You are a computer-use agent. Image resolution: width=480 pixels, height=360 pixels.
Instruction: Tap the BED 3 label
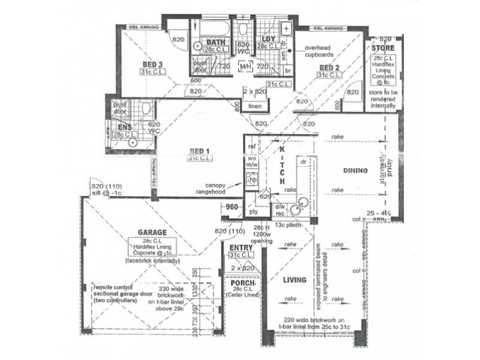point(153,64)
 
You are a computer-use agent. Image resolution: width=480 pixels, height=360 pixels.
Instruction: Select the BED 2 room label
point(329,67)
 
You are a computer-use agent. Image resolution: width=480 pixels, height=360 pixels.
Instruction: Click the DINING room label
point(355,171)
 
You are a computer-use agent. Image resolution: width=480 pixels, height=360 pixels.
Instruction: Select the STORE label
point(382,47)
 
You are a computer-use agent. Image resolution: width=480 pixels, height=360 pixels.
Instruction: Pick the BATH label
point(215,41)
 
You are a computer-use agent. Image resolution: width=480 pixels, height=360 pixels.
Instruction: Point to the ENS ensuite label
point(124,127)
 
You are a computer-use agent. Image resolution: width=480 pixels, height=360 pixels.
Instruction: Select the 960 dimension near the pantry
point(232,208)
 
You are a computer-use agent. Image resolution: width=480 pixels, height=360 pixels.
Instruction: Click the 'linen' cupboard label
point(254,106)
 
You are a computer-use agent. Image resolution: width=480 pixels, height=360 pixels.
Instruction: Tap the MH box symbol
point(244,67)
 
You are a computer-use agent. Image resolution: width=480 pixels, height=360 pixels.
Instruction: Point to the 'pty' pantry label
point(253,212)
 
